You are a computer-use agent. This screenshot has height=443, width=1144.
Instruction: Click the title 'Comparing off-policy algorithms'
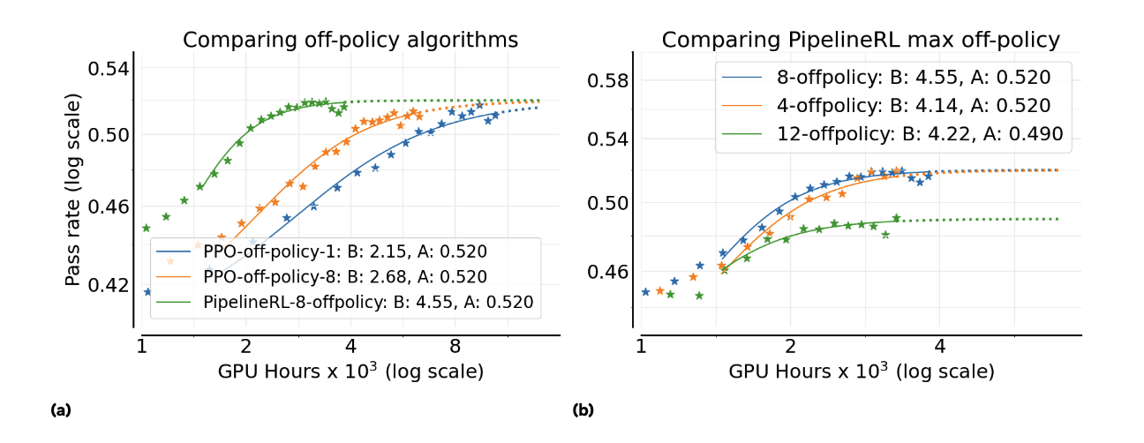[350, 41]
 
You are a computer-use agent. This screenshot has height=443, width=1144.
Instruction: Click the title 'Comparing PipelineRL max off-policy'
[861, 41]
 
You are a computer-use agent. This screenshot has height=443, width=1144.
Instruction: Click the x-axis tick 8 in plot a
[455, 344]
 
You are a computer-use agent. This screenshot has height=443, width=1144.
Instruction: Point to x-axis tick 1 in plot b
[642, 344]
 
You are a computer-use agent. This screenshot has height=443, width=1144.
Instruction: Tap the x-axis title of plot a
[350, 372]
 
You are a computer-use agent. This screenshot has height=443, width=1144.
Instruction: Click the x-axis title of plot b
[861, 372]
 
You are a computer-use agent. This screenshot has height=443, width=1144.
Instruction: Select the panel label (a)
[60, 409]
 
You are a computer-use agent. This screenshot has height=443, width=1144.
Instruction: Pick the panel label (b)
[583, 409]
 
